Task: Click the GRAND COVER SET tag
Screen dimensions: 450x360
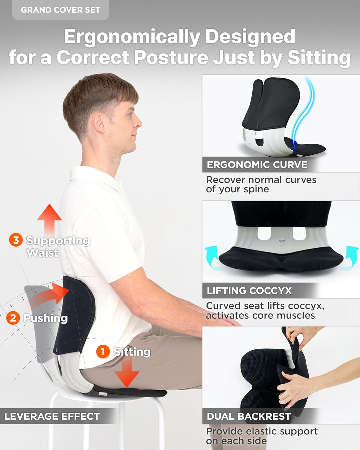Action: click(x=60, y=10)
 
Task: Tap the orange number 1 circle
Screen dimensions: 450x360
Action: click(x=103, y=351)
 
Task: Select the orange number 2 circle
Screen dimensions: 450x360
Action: click(x=13, y=318)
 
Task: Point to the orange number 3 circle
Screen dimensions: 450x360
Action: click(x=16, y=240)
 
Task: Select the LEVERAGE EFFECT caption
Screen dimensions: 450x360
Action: click(x=52, y=416)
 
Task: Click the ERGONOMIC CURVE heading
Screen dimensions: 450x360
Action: click(x=257, y=165)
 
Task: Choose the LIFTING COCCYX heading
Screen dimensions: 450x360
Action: click(x=249, y=291)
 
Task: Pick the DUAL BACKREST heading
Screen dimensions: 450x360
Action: click(x=249, y=416)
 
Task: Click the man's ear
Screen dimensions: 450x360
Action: click(x=99, y=123)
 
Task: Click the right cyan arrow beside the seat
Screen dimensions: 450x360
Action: click(x=352, y=255)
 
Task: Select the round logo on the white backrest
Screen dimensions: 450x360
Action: click(x=282, y=241)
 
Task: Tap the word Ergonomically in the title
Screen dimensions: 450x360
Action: click(x=132, y=37)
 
